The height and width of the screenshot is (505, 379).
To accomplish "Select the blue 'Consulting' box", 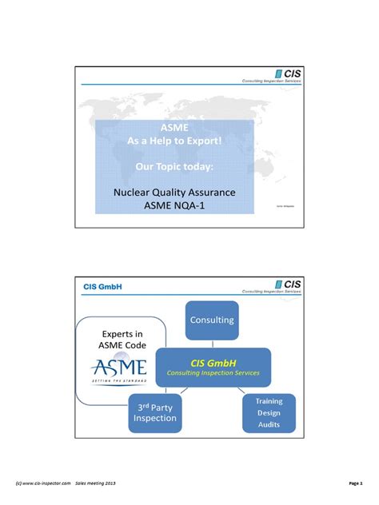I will point(212,320).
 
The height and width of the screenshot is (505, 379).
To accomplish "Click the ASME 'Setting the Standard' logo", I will point(119,369).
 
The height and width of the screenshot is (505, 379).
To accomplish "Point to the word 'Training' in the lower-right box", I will point(269,401).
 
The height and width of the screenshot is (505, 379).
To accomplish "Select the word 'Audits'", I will point(269,426).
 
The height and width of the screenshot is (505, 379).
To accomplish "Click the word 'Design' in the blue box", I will point(269,414).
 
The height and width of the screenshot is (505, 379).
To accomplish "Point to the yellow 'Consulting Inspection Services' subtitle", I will point(213,373).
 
